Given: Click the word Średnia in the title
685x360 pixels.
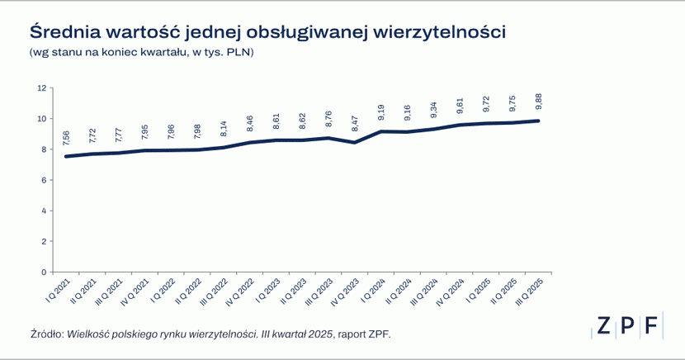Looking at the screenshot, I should (x=64, y=31).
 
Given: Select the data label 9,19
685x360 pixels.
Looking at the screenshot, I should (x=381, y=113).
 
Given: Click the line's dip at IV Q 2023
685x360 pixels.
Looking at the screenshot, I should (x=355, y=143).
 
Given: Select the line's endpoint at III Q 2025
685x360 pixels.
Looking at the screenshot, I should (x=539, y=121).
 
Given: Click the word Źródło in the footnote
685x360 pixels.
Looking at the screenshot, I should (x=46, y=334).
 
